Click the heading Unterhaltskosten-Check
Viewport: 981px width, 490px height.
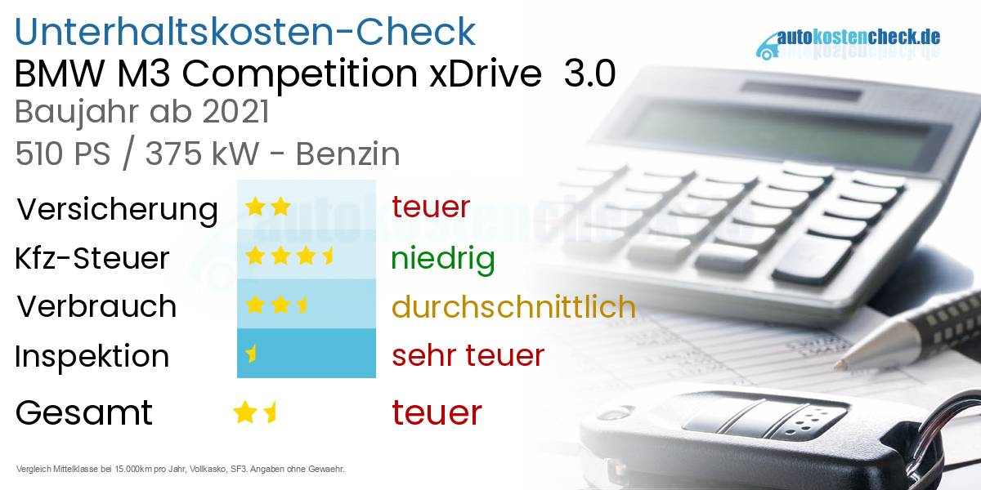tap(245, 31)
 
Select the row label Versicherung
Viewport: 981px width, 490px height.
tap(117, 209)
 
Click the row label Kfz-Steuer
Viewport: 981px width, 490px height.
tap(92, 258)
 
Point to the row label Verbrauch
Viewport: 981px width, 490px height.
tap(96, 306)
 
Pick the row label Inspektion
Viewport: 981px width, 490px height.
tap(92, 356)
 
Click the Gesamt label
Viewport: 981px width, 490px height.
tap(83, 412)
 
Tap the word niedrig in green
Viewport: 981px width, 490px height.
tap(442, 258)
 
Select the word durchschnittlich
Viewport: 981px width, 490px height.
tap(513, 306)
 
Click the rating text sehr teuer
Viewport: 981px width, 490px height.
tap(468, 355)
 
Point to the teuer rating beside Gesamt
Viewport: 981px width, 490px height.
tap(437, 412)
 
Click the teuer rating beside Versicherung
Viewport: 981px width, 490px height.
tap(431, 207)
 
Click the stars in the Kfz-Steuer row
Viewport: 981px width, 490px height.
tap(290, 257)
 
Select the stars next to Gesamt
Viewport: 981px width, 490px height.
tap(255, 412)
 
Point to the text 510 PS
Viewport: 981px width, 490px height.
tap(62, 154)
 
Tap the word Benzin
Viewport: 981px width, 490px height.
tap(347, 154)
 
